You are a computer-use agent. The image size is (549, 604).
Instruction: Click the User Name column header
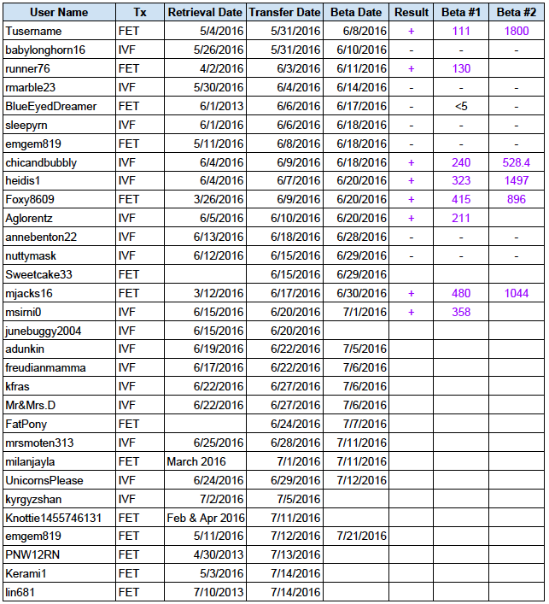click(x=58, y=13)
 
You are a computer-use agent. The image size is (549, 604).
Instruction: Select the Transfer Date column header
click(x=284, y=13)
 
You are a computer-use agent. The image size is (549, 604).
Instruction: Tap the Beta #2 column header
click(x=516, y=13)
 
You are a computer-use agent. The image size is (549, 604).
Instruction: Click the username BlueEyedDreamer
click(x=50, y=106)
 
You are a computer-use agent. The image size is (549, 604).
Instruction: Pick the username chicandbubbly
click(x=41, y=162)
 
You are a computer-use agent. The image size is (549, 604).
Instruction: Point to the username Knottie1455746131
click(x=54, y=518)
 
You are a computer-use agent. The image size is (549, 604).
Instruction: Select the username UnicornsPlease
click(x=44, y=480)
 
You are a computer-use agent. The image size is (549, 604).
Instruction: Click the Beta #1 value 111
click(x=461, y=31)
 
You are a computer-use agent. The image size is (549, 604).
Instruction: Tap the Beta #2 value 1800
click(x=516, y=31)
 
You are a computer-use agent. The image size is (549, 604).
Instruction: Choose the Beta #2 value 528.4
click(x=516, y=162)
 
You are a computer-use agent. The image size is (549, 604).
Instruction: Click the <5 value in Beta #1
click(x=461, y=106)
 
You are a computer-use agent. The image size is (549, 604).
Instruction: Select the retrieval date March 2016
click(x=196, y=461)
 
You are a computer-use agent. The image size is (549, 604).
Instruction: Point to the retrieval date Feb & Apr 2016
click(x=205, y=518)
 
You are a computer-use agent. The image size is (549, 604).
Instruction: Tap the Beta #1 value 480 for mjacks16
click(x=461, y=293)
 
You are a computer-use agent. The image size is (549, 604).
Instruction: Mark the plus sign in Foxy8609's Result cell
click(x=412, y=199)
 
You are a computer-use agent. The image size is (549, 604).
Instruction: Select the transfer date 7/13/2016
click(x=295, y=555)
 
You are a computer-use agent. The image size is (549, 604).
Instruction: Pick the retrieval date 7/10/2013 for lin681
click(x=219, y=592)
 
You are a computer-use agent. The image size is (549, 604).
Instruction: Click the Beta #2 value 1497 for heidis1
click(x=516, y=180)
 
